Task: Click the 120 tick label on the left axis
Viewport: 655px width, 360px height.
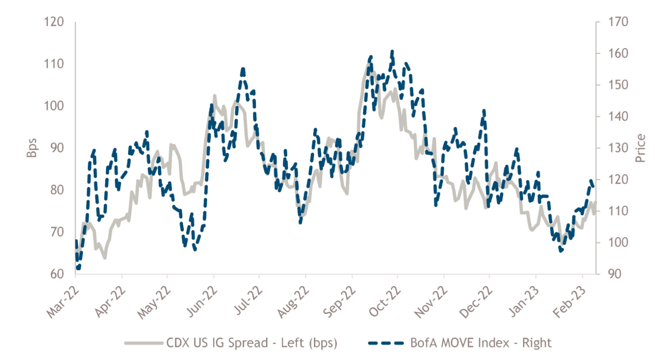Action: tap(54, 22)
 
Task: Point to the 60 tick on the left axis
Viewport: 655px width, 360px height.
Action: tap(57, 274)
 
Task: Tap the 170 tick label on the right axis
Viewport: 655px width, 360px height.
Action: tap(618, 22)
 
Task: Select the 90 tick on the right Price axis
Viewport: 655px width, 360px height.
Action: tap(614, 274)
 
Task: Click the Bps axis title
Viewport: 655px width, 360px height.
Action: tap(32, 148)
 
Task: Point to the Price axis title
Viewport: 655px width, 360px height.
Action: tap(641, 148)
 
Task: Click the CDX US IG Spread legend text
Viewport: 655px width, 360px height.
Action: tap(252, 343)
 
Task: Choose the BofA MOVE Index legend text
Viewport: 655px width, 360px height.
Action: tap(481, 343)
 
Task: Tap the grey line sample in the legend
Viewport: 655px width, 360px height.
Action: tap(144, 343)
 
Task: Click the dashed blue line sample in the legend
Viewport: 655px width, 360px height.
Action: tap(386, 343)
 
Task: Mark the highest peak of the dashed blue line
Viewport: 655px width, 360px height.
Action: tap(392, 52)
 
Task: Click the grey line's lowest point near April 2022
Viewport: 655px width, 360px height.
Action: tap(105, 258)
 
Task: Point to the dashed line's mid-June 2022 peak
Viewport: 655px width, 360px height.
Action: tap(243, 70)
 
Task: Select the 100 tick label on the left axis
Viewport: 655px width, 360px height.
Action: tap(54, 106)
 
